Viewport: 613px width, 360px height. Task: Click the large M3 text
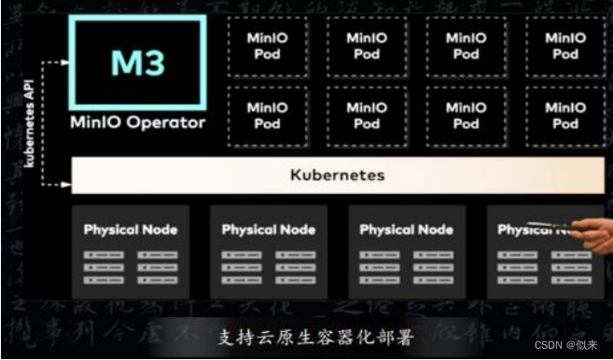pyautogui.click(x=138, y=62)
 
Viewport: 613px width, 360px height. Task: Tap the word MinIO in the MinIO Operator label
pyautogui.click(x=93, y=122)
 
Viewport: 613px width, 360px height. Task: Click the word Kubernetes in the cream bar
pyautogui.click(x=337, y=174)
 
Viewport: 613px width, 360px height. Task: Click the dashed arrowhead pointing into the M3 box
pyautogui.click(x=64, y=62)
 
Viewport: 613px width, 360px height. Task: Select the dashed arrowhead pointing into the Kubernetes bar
pyautogui.click(x=64, y=185)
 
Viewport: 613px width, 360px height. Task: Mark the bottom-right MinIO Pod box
pyautogui.click(x=565, y=116)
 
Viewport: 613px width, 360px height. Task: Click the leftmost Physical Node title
pyautogui.click(x=131, y=229)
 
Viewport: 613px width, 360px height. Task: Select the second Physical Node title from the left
pyautogui.click(x=269, y=229)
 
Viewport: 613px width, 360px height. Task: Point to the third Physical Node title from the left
pyautogui.click(x=407, y=229)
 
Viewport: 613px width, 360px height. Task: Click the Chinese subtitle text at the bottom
pyautogui.click(x=307, y=336)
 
